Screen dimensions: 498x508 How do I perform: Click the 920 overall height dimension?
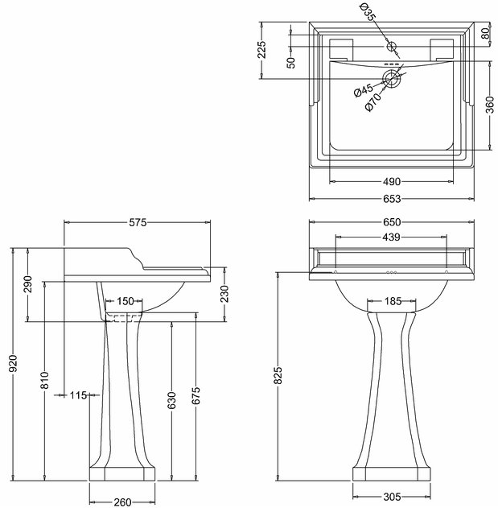pyautogui.click(x=14, y=364)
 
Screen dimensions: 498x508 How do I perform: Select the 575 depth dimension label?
pyautogui.click(x=138, y=222)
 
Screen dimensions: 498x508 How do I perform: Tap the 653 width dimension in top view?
pyautogui.click(x=392, y=199)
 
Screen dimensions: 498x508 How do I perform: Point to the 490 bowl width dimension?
pyautogui.click(x=392, y=182)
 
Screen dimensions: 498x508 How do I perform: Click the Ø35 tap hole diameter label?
pyautogui.click(x=368, y=11)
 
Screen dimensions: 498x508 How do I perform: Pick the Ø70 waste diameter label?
pyautogui.click(x=373, y=102)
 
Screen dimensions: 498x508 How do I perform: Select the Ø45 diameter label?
pyautogui.click(x=364, y=90)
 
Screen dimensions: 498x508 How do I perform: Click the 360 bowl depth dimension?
pyautogui.click(x=490, y=105)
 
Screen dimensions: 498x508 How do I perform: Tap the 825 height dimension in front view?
pyautogui.click(x=278, y=376)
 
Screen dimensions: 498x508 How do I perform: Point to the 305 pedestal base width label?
pyautogui.click(x=392, y=497)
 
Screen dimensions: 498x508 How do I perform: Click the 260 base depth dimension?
pyautogui.click(x=123, y=502)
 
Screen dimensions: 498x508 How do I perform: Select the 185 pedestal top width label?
pyautogui.click(x=393, y=301)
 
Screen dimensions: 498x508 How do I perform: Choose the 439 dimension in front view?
pyautogui.click(x=391, y=237)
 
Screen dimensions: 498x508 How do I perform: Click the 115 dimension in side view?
pyautogui.click(x=78, y=395)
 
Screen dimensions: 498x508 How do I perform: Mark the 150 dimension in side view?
pyautogui.click(x=125, y=301)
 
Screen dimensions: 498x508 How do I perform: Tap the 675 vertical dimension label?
pyautogui.click(x=195, y=396)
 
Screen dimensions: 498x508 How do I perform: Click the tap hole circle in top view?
pyautogui.click(x=392, y=47)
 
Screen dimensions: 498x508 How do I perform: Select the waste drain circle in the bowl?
pyautogui.click(x=392, y=79)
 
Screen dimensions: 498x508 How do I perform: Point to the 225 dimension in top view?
pyautogui.click(x=261, y=49)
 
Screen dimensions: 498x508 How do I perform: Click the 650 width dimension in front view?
pyautogui.click(x=392, y=222)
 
